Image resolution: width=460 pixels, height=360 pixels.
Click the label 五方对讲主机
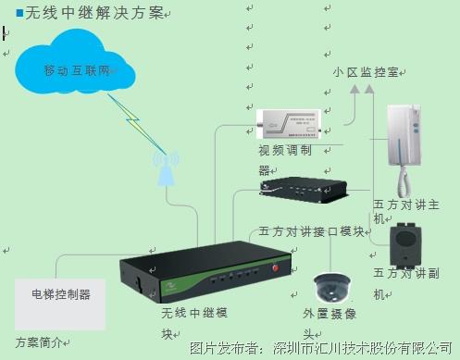click(x=404, y=208)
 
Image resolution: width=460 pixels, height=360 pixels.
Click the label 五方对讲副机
click(x=404, y=283)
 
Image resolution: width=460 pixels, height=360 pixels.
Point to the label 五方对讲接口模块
click(x=312, y=230)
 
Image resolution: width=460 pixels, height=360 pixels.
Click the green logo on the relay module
click(x=175, y=286)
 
